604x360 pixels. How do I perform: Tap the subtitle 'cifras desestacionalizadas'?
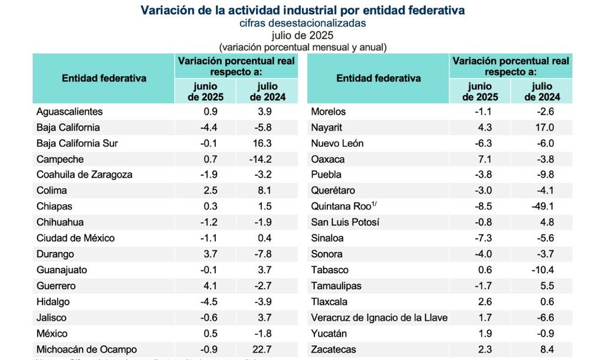click(x=302, y=23)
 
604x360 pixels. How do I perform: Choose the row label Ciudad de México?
click(x=75, y=238)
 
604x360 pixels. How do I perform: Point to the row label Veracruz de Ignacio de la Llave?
click(x=379, y=318)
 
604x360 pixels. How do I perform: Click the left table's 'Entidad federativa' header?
click(x=104, y=78)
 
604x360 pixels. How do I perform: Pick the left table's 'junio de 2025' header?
click(x=205, y=91)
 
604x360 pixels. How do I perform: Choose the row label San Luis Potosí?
click(x=345, y=222)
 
